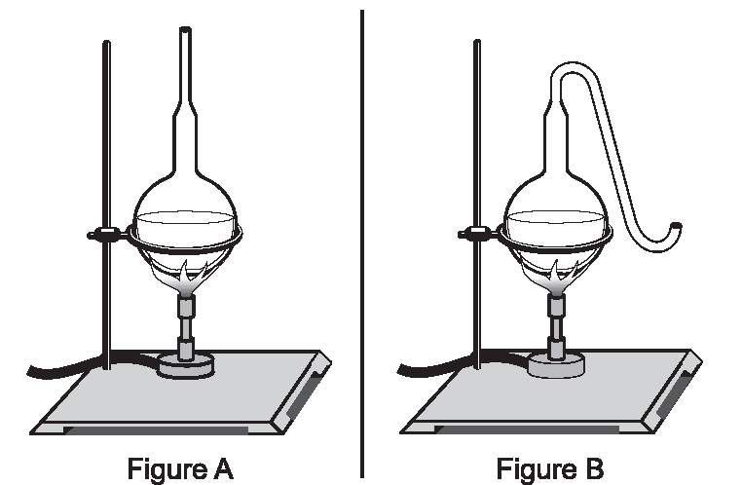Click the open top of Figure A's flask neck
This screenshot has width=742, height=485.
[185, 30]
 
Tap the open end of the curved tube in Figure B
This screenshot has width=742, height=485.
[677, 226]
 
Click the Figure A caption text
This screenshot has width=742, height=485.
[180, 468]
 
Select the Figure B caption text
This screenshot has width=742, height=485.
[550, 468]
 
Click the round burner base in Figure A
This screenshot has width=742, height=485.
[186, 366]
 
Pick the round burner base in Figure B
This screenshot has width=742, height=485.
[556, 365]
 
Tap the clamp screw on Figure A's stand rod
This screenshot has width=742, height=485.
[106, 234]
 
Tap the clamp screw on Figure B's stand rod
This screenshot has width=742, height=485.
[477, 233]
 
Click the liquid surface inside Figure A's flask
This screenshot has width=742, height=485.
[185, 218]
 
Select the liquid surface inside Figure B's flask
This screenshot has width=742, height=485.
[556, 217]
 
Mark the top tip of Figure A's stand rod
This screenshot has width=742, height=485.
[106, 42]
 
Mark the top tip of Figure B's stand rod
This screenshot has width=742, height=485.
[477, 41]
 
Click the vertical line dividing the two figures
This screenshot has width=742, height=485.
[362, 243]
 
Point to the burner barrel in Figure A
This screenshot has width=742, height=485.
[186, 326]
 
